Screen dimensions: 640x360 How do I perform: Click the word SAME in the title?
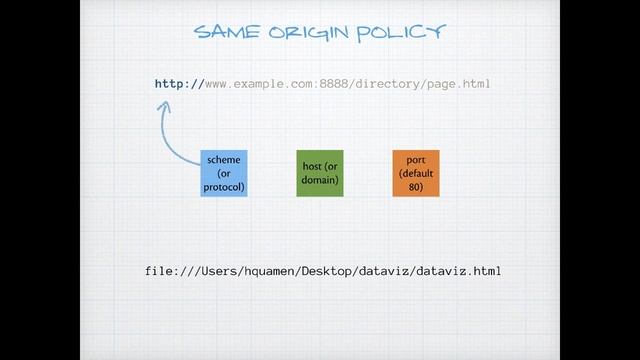(227, 32)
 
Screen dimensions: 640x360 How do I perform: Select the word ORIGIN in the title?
(309, 33)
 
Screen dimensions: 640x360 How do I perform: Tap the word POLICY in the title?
(401, 33)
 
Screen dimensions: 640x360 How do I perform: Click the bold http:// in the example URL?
(179, 84)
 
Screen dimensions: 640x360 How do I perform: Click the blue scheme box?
(224, 173)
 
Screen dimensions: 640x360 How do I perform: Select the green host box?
(320, 173)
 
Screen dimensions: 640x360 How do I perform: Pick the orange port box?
(416, 173)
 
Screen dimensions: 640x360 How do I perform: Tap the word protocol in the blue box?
(223, 187)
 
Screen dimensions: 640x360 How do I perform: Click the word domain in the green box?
(318, 180)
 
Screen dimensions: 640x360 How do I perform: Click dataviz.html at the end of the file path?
(458, 271)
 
